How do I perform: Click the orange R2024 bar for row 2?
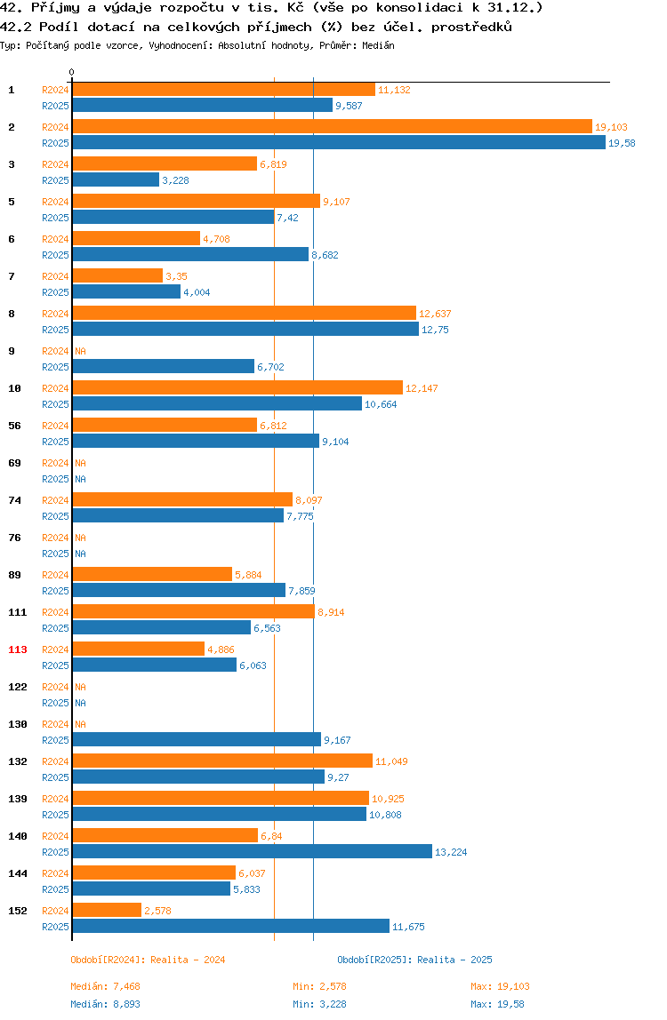pos(333,127)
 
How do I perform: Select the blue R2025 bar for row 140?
pos(252,851)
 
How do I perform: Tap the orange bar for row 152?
pos(107,910)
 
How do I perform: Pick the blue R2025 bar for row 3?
pos(116,180)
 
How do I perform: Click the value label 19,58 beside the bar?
pos(622,143)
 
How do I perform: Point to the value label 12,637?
pos(435,314)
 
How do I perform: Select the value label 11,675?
pos(408,927)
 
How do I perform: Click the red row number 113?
pos(18,649)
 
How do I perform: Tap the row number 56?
pos(14,426)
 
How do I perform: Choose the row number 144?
pos(18,873)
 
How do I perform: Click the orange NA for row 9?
pos(80,351)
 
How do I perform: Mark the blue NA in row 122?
pos(80,703)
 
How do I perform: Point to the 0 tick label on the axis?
pos(72,72)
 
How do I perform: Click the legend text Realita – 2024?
pos(188,960)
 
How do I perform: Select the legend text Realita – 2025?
pos(454,960)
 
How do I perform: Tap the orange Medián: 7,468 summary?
pos(106,986)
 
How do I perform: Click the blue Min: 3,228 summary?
pos(320,1004)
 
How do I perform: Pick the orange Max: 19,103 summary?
pos(500,986)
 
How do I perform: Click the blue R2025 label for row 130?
pos(55,739)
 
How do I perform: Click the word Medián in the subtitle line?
pos(379,45)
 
